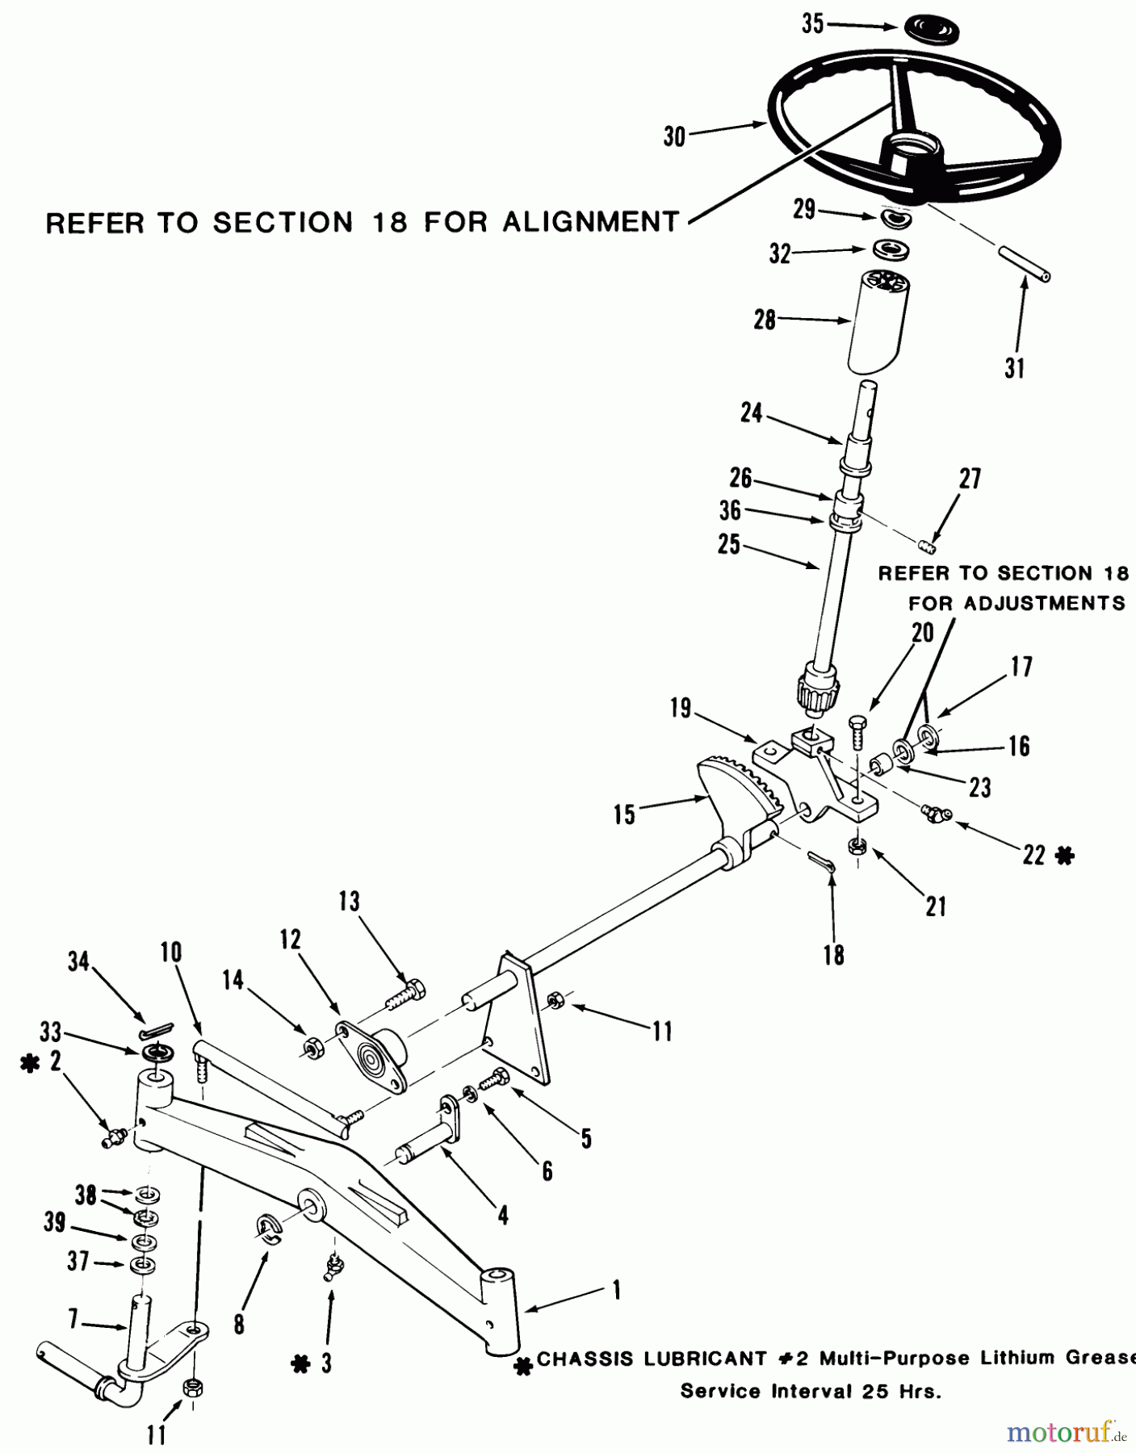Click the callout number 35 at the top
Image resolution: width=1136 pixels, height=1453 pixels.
pos(812,24)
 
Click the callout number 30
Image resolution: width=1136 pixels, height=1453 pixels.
pos(674,136)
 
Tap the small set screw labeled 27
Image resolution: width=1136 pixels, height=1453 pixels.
pos(928,546)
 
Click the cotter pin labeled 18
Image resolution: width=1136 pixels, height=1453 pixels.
pos(822,861)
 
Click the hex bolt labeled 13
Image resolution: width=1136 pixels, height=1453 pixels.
pos(404,997)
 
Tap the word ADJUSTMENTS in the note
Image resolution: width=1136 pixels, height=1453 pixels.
pos(1017,603)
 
